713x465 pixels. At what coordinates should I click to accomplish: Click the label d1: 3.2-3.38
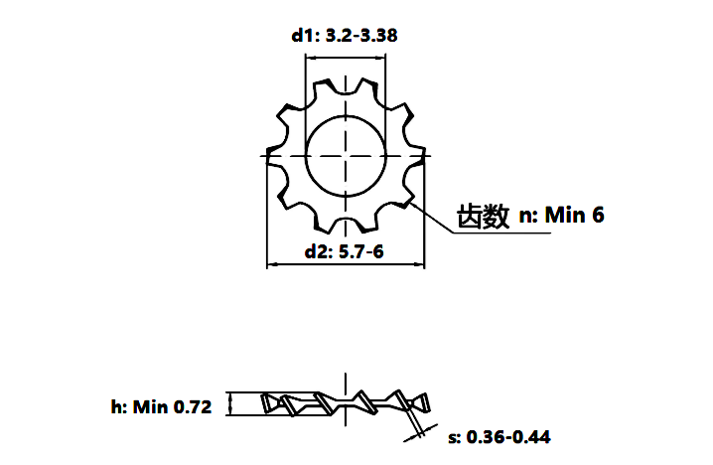345,35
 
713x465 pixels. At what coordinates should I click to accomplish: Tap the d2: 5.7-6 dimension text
345,251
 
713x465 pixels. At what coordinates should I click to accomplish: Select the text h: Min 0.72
162,406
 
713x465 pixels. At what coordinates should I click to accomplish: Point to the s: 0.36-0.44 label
499,437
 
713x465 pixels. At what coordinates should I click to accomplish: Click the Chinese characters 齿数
483,217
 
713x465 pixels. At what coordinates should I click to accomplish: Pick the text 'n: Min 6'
562,215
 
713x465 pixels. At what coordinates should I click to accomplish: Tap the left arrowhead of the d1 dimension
310,58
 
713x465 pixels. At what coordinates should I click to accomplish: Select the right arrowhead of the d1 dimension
381,58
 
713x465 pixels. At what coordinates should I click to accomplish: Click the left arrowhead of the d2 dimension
271,264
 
